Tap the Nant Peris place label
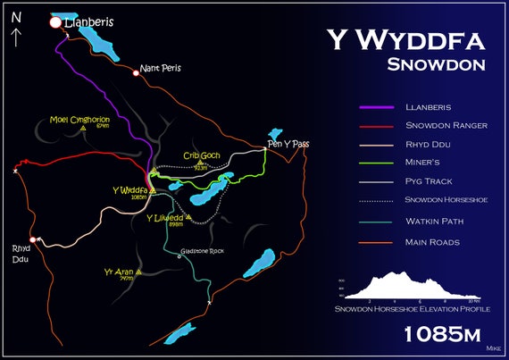point(162,68)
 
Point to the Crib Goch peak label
point(201,155)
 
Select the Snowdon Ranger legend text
point(446,125)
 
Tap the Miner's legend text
point(424,163)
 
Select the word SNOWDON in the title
point(436,64)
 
